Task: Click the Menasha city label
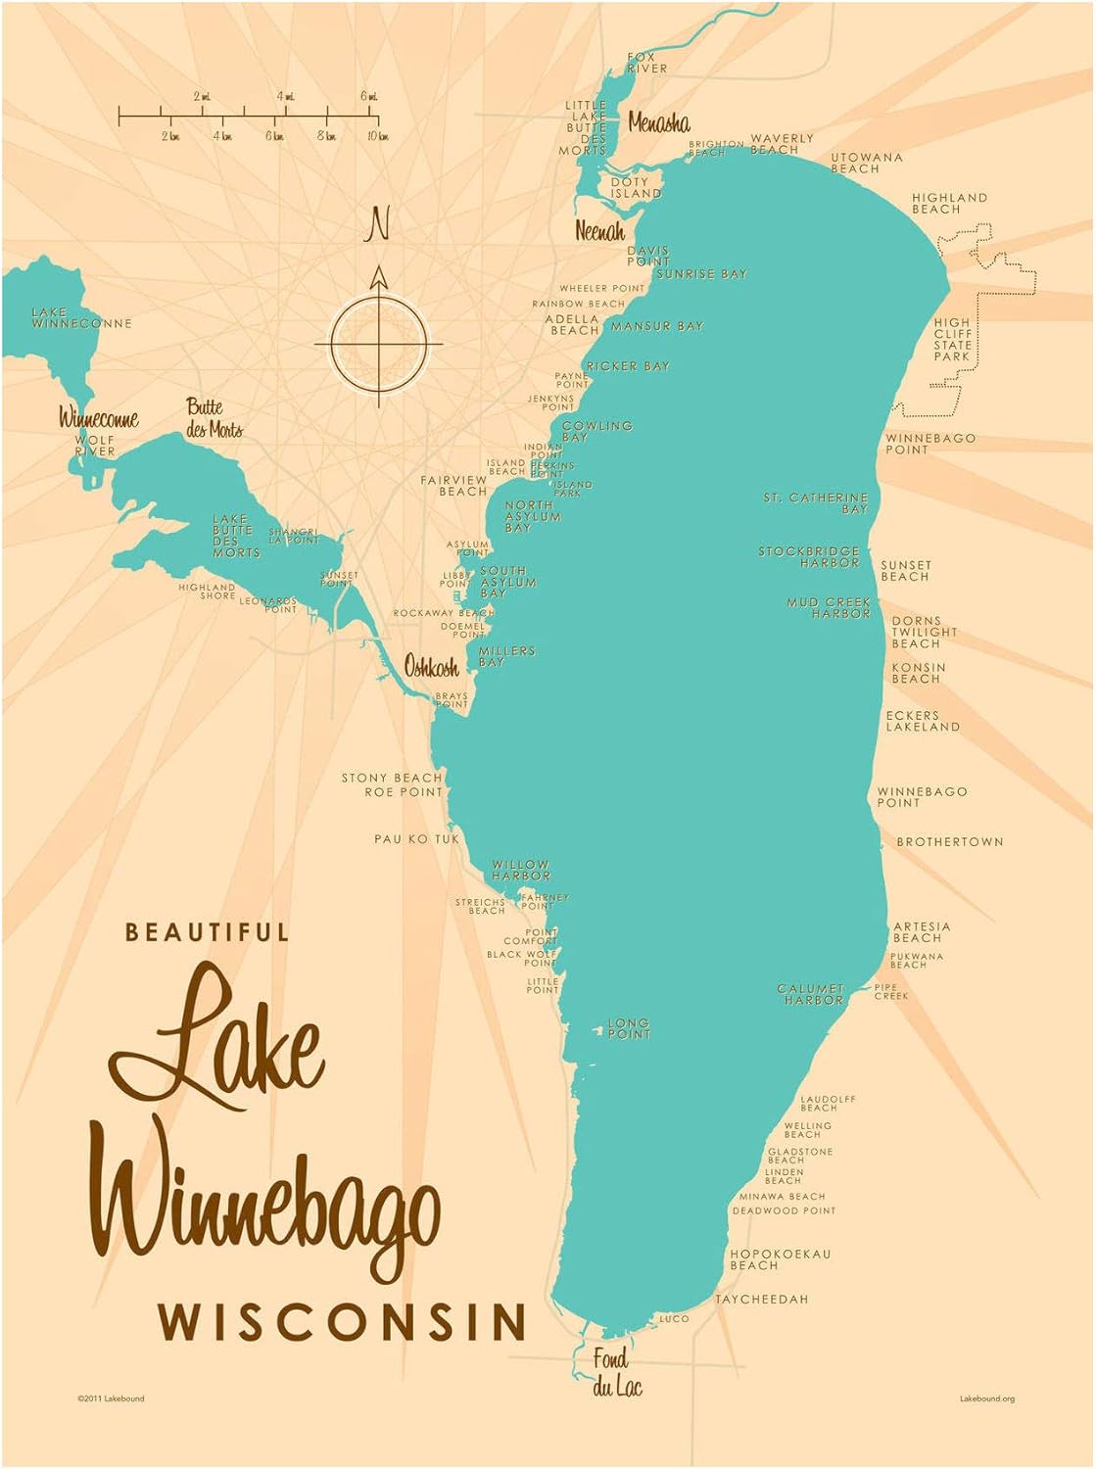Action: click(658, 122)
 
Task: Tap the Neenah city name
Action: click(599, 231)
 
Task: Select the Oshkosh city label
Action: click(431, 667)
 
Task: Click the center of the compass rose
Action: click(379, 345)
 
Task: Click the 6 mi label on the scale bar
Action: click(368, 96)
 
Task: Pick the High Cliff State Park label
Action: click(951, 339)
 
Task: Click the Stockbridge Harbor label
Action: click(809, 557)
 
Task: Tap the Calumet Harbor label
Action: click(811, 994)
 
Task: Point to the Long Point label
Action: click(628, 1028)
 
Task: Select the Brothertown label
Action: click(949, 841)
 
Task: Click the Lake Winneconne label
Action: click(80, 317)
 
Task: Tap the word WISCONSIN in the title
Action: click(344, 1321)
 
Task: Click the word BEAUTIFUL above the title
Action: click(207, 931)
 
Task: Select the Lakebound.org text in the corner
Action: click(986, 1398)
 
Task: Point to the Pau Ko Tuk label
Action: click(416, 838)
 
